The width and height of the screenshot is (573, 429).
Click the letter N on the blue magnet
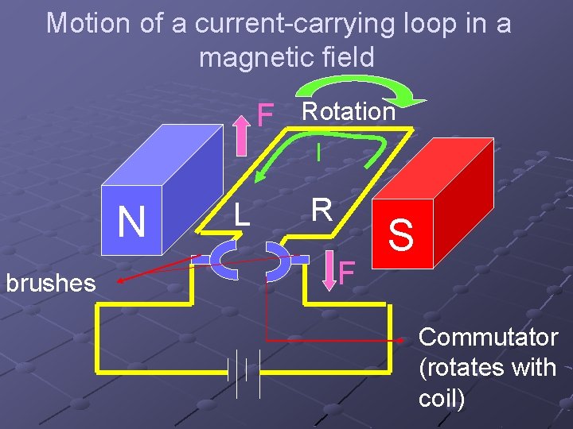131,222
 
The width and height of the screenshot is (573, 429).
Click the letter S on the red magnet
402,236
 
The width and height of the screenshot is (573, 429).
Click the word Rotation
348,111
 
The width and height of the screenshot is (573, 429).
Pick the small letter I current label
318,153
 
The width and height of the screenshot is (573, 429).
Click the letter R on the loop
322,209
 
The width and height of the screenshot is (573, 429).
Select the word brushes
50,283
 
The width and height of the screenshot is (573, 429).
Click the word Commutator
488,337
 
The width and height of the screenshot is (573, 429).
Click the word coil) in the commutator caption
442,397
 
